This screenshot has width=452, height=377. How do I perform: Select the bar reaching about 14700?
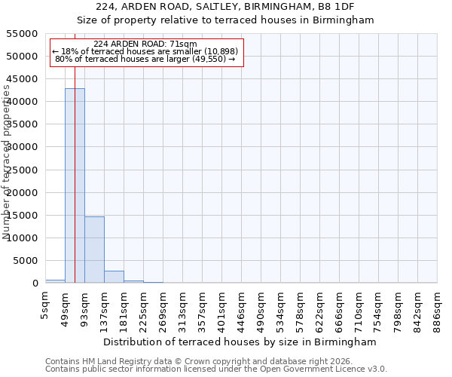pyautogui.click(x=94, y=250)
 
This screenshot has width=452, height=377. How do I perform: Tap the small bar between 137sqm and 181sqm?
pyautogui.click(x=114, y=277)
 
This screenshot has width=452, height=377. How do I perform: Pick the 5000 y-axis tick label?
pyautogui.click(x=26, y=261)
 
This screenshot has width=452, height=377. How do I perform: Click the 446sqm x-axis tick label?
pyautogui.click(x=242, y=305)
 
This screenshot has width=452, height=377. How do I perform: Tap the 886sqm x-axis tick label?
pyautogui.click(x=438, y=305)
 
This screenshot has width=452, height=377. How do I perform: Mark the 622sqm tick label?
pyautogui.click(x=320, y=305)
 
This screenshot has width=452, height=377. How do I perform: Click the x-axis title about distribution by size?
pyautogui.click(x=241, y=342)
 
